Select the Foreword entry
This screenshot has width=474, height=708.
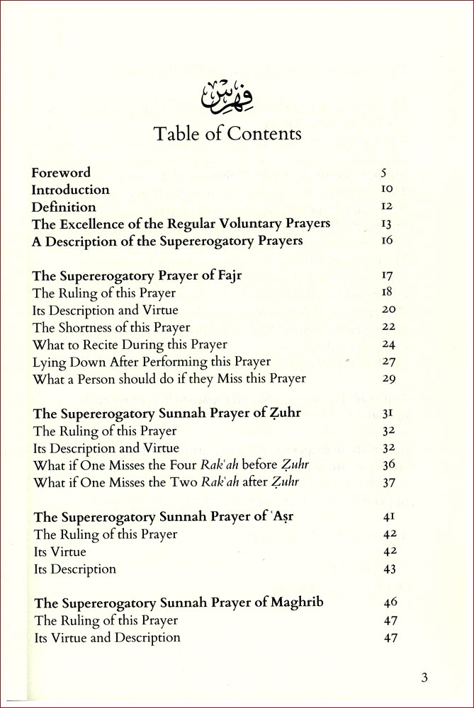[x=62, y=172]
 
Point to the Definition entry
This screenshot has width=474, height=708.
[x=64, y=207]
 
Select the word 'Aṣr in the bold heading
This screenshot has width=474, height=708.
[x=281, y=517]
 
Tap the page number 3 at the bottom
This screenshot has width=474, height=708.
[x=424, y=677]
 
